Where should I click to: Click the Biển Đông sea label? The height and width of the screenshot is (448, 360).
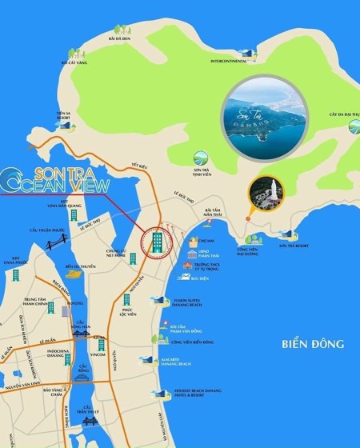(x=312, y=345)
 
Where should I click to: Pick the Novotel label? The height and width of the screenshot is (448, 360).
(x=75, y=302)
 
